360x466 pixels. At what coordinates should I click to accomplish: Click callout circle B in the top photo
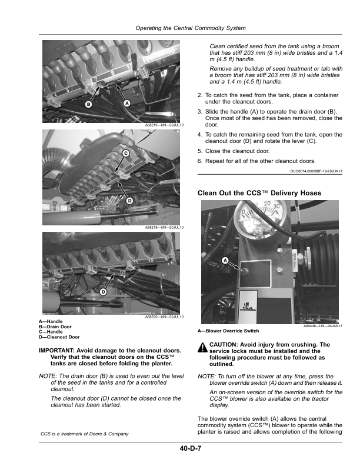[88, 104]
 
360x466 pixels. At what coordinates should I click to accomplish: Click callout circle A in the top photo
[127, 103]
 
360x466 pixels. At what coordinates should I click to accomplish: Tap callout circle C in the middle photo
[126, 154]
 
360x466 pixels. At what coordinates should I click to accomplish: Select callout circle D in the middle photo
[129, 201]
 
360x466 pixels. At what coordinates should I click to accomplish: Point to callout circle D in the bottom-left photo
[103, 292]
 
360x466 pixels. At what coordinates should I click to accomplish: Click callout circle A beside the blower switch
[225, 260]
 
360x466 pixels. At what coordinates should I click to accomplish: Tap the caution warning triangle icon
[203, 347]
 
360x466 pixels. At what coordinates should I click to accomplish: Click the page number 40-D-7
[191, 448]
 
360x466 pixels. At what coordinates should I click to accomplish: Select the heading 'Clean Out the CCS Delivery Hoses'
[259, 193]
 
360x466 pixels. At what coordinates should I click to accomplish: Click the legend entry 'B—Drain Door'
[55, 327]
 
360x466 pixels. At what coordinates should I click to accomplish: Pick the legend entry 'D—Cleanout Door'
[59, 337]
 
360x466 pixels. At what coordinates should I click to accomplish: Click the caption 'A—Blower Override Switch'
[228, 331]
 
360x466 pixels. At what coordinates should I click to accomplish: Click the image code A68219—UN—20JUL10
[164, 125]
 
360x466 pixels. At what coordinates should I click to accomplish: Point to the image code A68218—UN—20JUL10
[164, 227]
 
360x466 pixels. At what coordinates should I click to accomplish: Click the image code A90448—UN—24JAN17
[323, 326]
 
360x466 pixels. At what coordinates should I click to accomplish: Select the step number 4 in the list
[199, 135]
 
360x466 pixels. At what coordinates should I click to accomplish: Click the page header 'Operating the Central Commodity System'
[191, 28]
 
